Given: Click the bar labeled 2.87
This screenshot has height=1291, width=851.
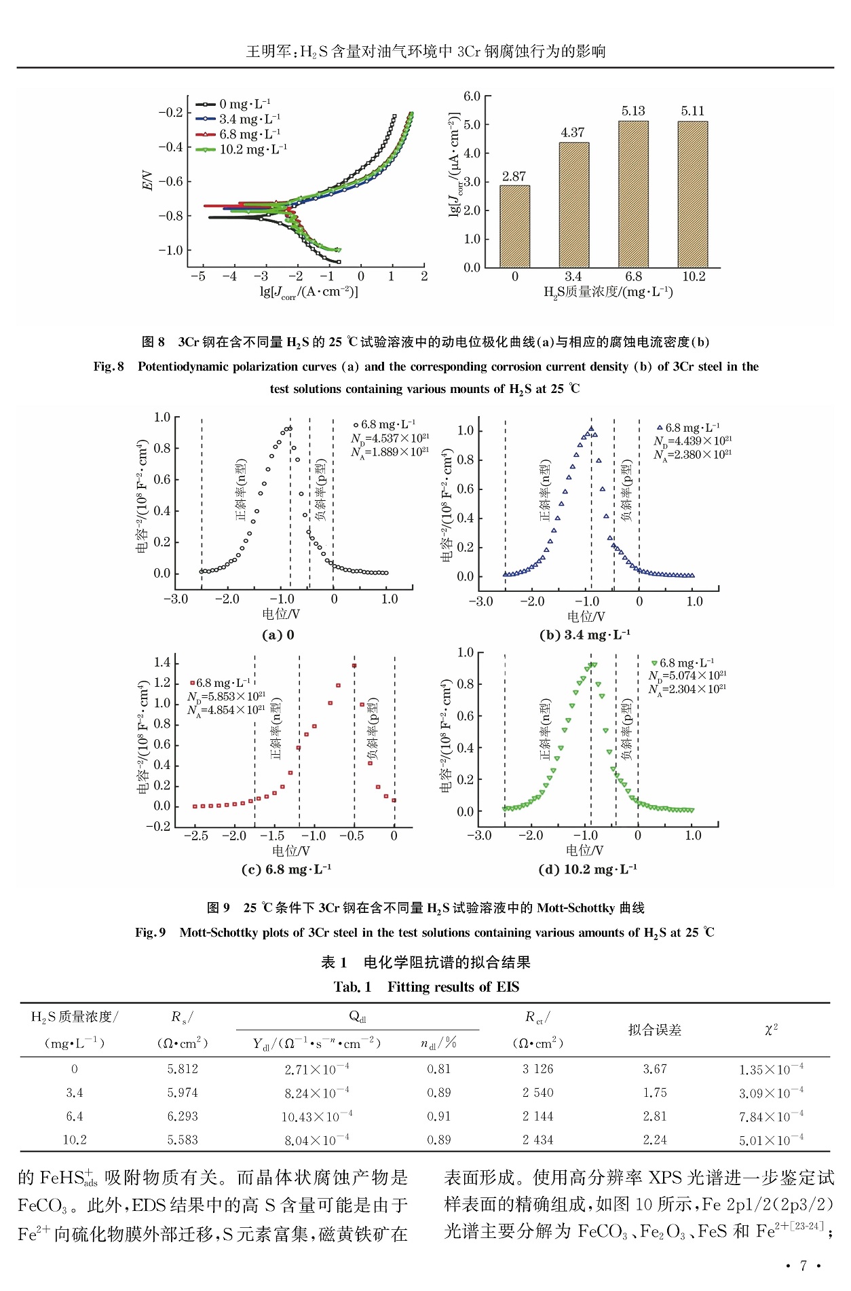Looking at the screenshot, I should click(x=514, y=226).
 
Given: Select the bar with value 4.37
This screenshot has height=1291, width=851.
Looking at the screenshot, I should click(x=573, y=205).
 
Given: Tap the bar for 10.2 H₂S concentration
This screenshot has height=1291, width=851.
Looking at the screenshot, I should click(x=692, y=194).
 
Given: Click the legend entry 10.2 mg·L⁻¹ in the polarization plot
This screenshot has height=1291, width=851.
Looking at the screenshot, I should click(x=252, y=149).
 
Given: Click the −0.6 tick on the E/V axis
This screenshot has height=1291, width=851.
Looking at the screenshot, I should click(x=170, y=181).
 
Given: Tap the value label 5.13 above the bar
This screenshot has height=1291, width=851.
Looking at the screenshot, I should click(x=633, y=111).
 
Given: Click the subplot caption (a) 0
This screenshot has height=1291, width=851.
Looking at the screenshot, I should click(x=278, y=635).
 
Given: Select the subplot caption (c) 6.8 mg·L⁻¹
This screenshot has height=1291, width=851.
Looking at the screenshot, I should click(x=286, y=869).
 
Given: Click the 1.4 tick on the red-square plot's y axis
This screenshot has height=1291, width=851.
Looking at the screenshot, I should click(x=162, y=662).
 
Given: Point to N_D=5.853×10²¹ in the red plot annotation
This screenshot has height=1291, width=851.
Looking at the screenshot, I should click(x=226, y=696).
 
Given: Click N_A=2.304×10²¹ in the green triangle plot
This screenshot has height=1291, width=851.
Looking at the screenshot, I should click(x=687, y=689).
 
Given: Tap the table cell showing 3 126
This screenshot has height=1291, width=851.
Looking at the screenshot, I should click(x=537, y=1069).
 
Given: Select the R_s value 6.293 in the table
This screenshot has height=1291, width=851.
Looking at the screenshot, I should click(x=183, y=1117).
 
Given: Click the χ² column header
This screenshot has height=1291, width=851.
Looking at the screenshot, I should click(x=771, y=1030).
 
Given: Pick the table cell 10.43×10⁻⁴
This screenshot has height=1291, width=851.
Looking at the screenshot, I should click(x=317, y=1117).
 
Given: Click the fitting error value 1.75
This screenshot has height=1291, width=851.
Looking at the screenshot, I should click(x=655, y=1093).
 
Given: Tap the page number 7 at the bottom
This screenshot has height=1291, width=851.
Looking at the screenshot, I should click(x=803, y=1265).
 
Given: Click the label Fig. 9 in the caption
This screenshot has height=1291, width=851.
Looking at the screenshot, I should click(x=150, y=933).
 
